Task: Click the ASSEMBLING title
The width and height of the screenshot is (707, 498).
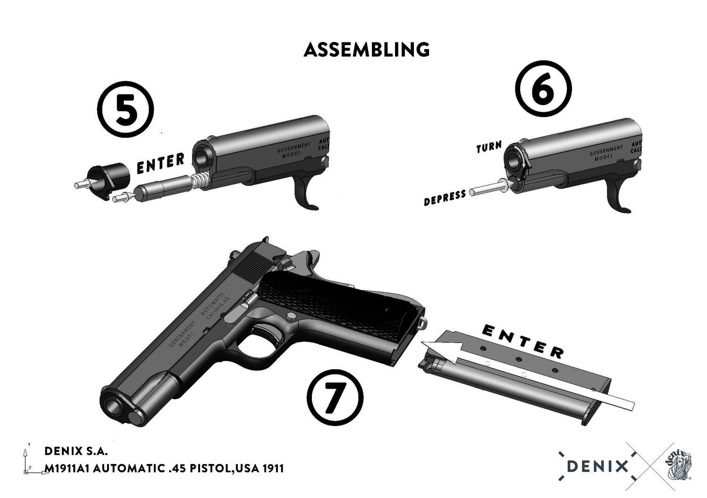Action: click(x=367, y=50)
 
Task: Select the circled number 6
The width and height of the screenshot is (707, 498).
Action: click(x=542, y=89)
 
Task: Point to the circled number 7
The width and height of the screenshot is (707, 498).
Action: click(x=335, y=396)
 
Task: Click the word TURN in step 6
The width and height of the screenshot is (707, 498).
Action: click(x=489, y=147)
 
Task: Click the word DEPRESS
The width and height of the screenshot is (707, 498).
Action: click(x=445, y=198)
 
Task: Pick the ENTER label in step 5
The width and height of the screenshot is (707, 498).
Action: click(x=160, y=163)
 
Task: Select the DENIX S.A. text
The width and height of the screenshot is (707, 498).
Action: click(x=76, y=451)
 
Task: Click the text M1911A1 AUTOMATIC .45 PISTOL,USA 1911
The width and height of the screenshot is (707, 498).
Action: click(x=164, y=468)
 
